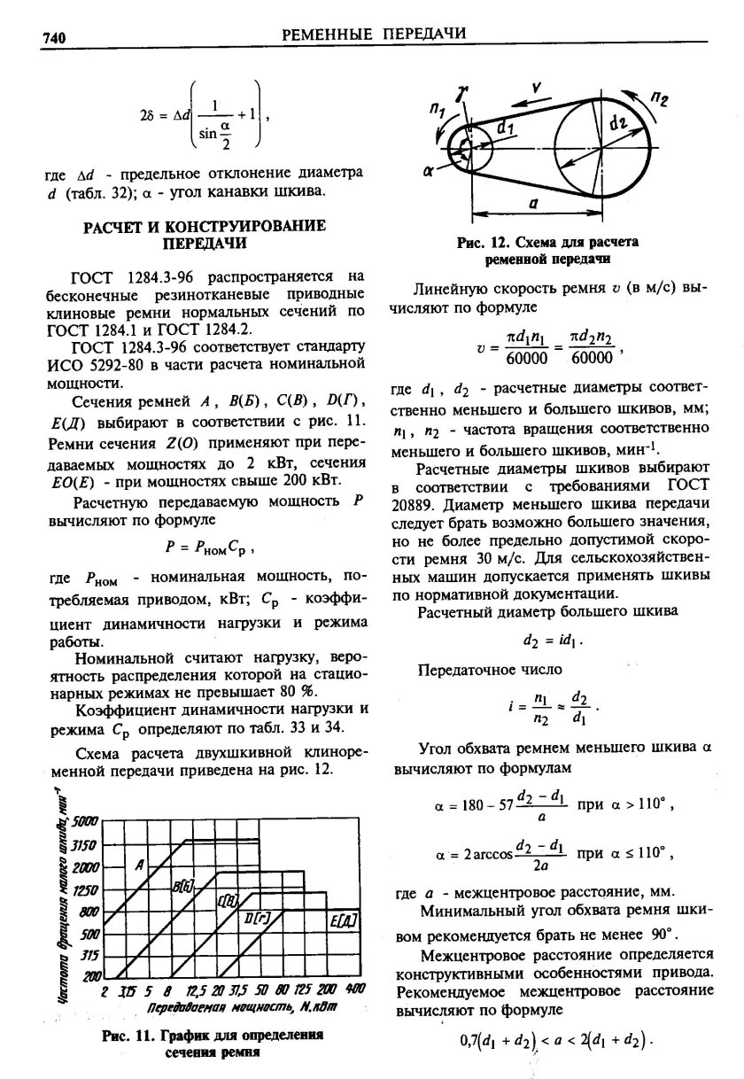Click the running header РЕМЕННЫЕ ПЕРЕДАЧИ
(373, 34)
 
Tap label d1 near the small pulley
(506, 128)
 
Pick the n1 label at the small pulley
(437, 109)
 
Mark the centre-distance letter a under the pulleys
(533, 203)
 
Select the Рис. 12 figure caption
(548, 249)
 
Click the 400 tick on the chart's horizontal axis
(356, 990)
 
